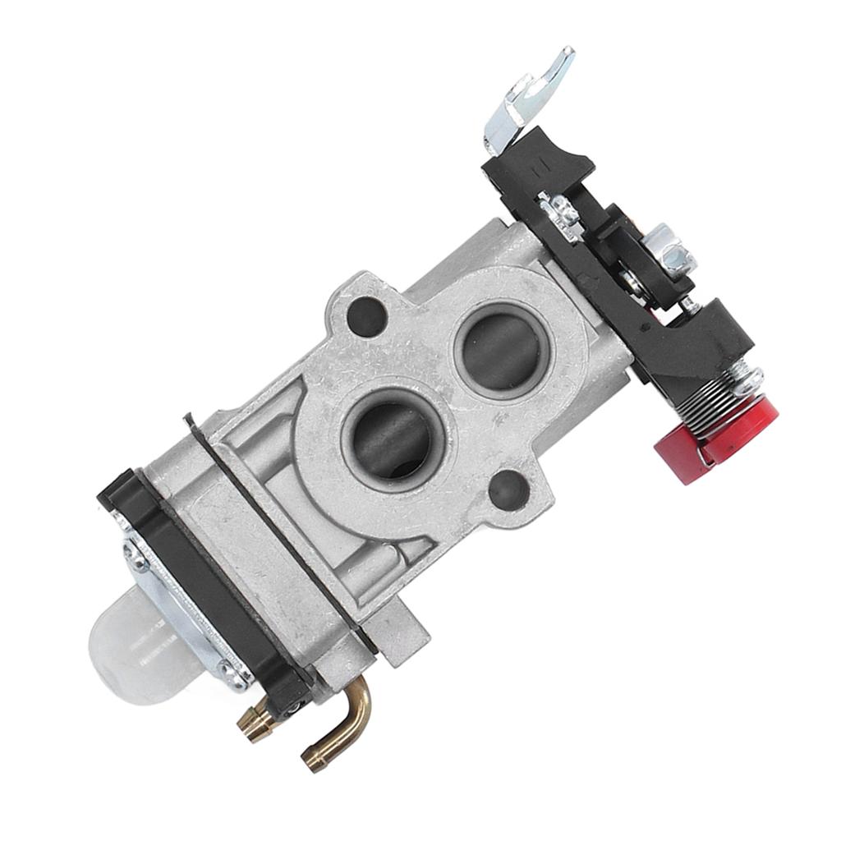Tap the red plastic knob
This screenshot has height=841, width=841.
click(x=723, y=435)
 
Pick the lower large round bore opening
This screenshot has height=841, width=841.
click(x=393, y=442)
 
